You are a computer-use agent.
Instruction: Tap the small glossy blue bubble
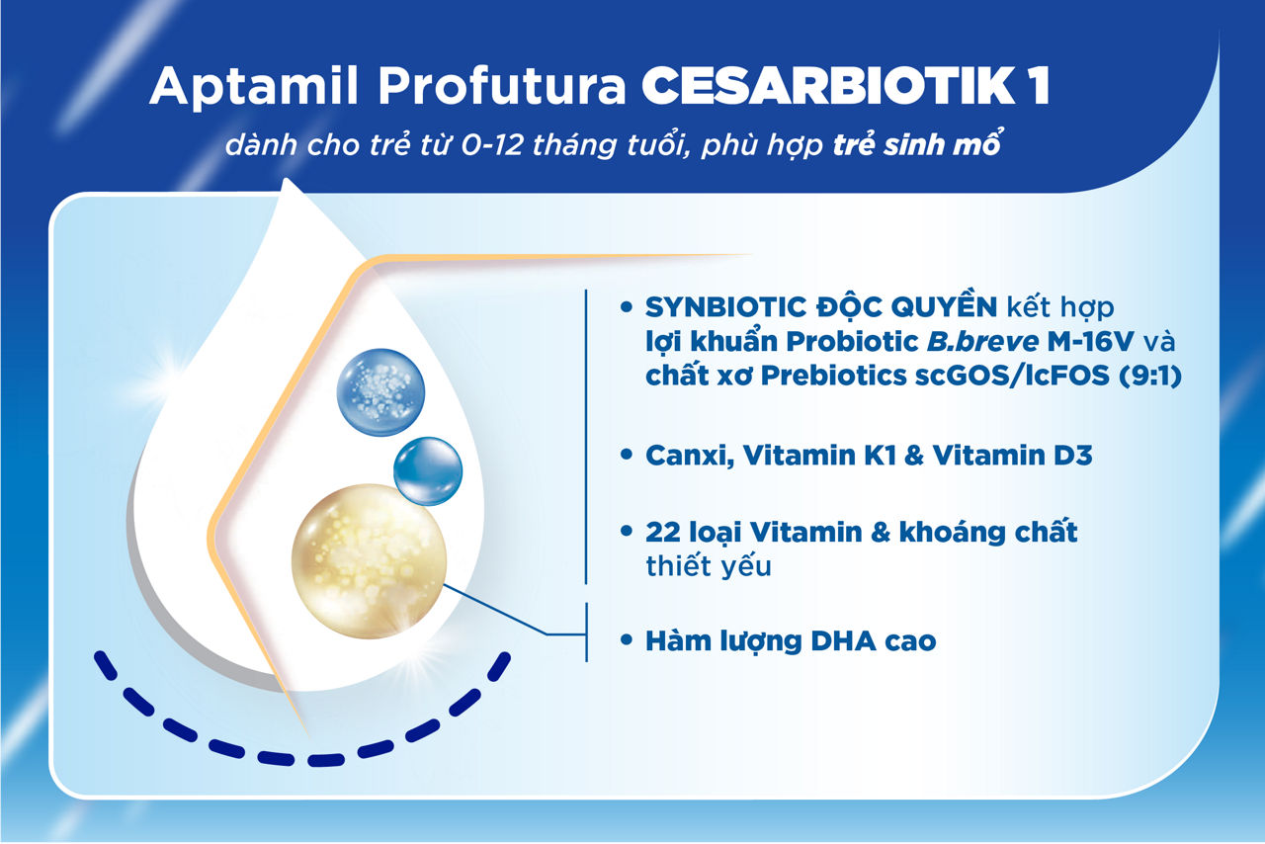tap(428, 471)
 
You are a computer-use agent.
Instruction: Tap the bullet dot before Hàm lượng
tap(626, 641)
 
